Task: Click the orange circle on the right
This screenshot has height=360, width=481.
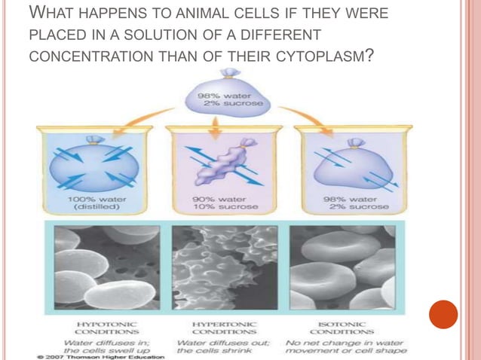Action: (x=443, y=313)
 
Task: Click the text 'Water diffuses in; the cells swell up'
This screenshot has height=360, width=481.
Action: (x=97, y=345)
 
